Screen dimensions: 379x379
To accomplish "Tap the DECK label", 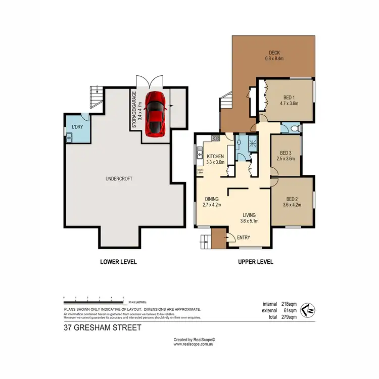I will pyautogui.click(x=274, y=53).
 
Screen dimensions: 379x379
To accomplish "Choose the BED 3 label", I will pyautogui.click(x=286, y=153).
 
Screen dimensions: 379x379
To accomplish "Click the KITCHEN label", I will pyautogui.click(x=215, y=156).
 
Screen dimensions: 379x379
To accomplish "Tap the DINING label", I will pyautogui.click(x=212, y=199).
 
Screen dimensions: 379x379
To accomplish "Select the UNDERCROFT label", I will pyautogui.click(x=119, y=178).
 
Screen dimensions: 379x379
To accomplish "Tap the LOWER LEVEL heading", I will pyautogui.click(x=118, y=262).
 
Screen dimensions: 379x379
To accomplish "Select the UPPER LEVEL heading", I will pyautogui.click(x=255, y=262).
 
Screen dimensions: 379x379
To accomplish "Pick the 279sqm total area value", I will pyautogui.click(x=290, y=317).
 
